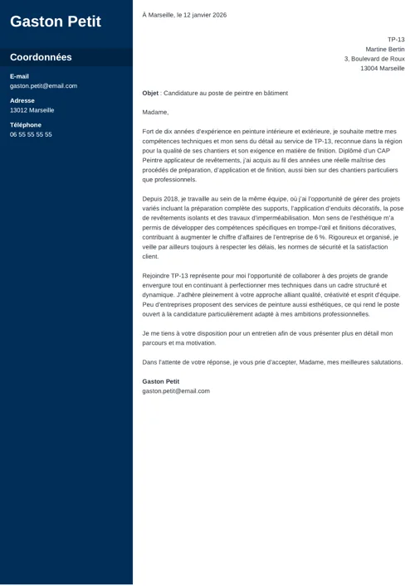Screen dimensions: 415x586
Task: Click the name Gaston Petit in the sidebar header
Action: click(55, 22)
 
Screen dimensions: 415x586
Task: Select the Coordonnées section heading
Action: click(41, 57)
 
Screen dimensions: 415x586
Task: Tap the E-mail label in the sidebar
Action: click(19, 76)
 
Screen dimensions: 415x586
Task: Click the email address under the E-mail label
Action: click(43, 85)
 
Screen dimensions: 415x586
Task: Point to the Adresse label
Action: click(22, 100)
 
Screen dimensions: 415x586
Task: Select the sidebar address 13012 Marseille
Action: click(32, 109)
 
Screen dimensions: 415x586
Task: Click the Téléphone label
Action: click(26, 125)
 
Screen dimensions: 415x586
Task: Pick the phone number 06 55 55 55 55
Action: click(31, 134)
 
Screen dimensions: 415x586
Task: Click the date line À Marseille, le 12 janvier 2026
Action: click(184, 15)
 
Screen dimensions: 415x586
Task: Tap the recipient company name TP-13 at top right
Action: click(396, 40)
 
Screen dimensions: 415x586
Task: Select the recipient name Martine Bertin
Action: click(385, 49)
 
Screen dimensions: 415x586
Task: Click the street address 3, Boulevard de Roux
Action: click(374, 59)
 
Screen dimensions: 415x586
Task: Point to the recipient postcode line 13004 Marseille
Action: click(383, 69)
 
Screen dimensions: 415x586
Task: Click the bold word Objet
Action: click(150, 94)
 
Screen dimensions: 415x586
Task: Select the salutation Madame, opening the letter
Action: click(155, 112)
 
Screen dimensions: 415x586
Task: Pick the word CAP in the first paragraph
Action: click(387, 150)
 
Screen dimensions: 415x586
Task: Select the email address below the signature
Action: click(176, 390)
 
